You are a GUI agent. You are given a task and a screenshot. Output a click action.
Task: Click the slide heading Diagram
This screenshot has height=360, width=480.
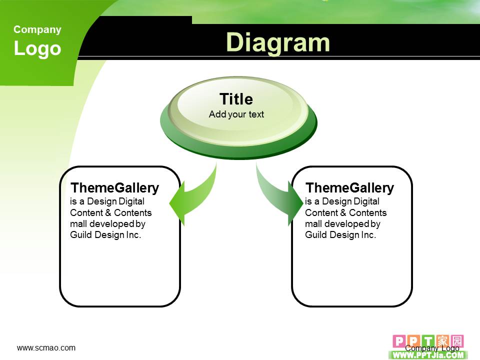[x=277, y=43]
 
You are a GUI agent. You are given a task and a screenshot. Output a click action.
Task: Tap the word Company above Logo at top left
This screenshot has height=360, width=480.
[x=37, y=29]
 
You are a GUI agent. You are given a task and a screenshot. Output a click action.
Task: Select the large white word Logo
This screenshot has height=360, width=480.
[x=37, y=48]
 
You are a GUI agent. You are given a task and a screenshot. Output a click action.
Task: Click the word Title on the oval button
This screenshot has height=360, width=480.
[x=236, y=99]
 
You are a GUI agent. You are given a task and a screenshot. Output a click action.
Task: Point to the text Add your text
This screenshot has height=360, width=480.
[x=236, y=114]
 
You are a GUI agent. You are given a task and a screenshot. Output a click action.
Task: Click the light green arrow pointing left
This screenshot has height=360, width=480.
[x=193, y=195]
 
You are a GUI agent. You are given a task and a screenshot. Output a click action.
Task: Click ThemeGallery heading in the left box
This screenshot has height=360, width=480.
[x=115, y=188]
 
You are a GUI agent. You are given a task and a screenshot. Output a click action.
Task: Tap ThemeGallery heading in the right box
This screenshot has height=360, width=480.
[x=349, y=188]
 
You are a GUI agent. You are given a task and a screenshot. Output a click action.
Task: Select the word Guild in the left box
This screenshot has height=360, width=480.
[x=81, y=235]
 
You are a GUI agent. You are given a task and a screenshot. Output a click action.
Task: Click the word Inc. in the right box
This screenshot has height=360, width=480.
[x=368, y=235]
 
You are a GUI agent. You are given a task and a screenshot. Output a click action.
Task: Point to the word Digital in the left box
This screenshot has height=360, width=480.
[x=131, y=201]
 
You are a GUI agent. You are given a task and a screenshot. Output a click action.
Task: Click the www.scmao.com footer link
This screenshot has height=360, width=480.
[x=46, y=348]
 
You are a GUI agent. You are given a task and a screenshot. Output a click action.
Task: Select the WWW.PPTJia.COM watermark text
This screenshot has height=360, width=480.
[x=428, y=355]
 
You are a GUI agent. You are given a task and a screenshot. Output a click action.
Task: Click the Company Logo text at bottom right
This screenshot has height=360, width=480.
[x=432, y=348]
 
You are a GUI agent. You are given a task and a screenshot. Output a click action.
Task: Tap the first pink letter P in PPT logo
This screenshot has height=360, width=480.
[x=399, y=341]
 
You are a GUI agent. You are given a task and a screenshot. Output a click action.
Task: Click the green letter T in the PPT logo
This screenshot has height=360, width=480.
[x=428, y=341]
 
